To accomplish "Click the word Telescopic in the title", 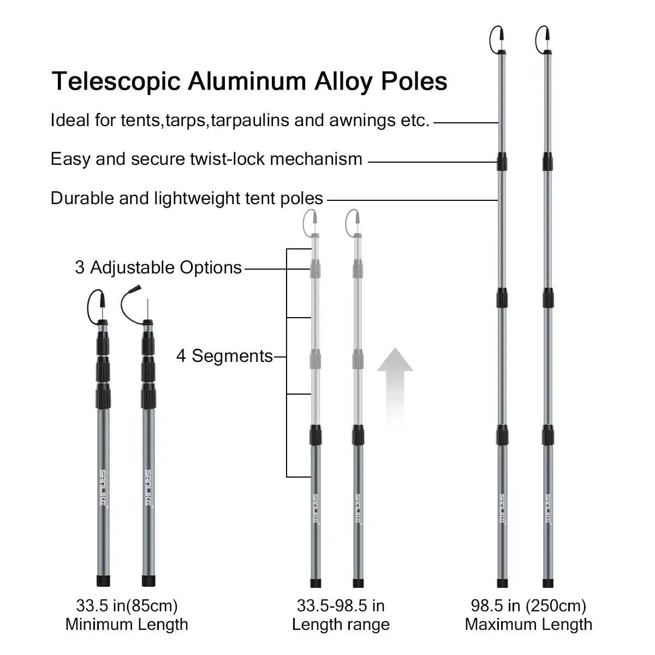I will pos(116,81).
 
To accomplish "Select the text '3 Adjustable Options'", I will pos(158,267).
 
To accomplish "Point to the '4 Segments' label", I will pos(224,356).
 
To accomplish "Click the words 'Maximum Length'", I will pos(528,624).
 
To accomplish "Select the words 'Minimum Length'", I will pos(127,624).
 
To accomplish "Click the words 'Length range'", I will pos(341,624).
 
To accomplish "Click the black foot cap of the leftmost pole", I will pos(103,580).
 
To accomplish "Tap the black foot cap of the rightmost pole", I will pos(548,582).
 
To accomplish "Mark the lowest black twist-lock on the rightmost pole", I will pos(548,436).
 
